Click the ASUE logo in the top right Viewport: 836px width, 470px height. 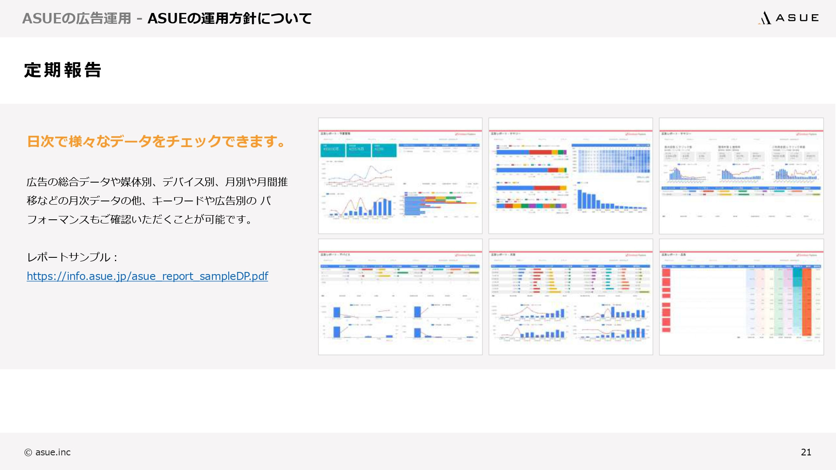(x=788, y=18)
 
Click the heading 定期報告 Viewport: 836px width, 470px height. (x=63, y=70)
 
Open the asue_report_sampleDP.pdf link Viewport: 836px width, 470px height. (x=147, y=276)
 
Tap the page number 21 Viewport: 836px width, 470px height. (x=806, y=452)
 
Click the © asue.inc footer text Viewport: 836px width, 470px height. (x=48, y=452)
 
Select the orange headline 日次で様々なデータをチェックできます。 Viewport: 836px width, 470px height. (x=156, y=142)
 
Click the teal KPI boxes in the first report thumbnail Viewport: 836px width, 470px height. (x=358, y=150)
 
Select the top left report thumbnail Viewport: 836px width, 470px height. (x=400, y=176)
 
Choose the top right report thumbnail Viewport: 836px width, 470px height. (x=741, y=176)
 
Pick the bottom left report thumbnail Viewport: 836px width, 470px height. (x=400, y=297)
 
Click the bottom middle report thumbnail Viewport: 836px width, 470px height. (x=571, y=297)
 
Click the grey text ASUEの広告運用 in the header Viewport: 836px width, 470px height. (x=76, y=18)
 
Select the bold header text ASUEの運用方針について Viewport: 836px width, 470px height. (x=229, y=18)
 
